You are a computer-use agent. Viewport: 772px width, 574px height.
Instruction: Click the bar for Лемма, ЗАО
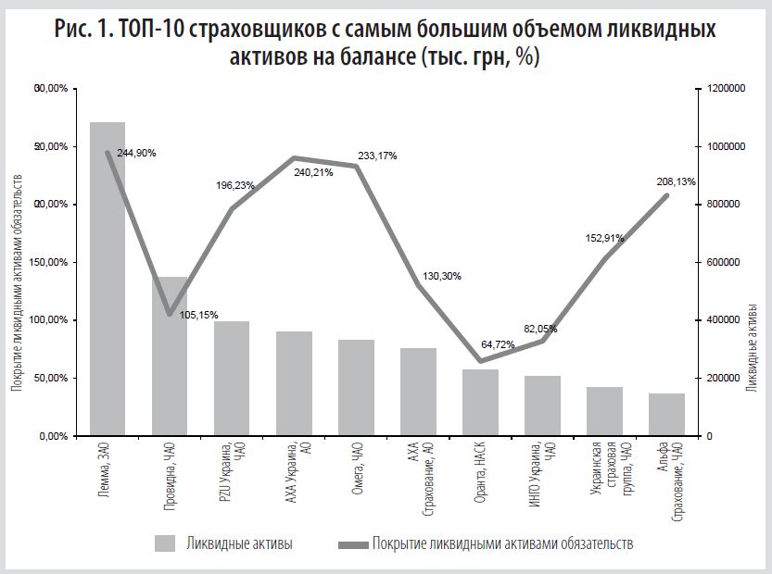click(108, 278)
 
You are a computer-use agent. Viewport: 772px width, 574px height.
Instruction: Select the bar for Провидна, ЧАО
click(170, 356)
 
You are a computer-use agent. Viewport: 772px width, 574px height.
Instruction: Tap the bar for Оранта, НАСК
click(480, 403)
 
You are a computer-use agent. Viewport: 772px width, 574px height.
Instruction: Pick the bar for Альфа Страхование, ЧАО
click(666, 415)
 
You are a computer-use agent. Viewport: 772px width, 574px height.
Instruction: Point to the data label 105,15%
click(197, 315)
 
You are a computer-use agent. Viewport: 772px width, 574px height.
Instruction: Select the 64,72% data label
click(506, 344)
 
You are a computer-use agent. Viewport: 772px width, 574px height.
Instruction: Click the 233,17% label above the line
click(376, 156)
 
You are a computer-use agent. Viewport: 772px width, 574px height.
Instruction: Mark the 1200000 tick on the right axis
click(725, 89)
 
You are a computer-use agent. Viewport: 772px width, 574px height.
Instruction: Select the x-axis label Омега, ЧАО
click(357, 471)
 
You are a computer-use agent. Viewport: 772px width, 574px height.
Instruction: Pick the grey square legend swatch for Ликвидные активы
click(166, 543)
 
